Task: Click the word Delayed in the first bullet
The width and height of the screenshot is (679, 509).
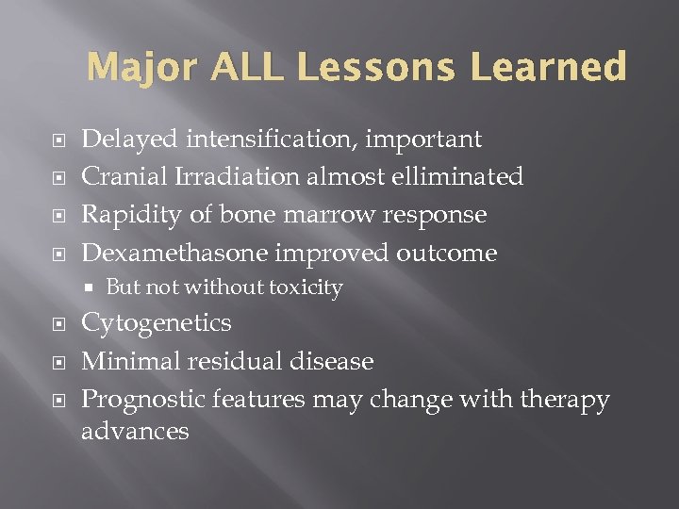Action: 128,140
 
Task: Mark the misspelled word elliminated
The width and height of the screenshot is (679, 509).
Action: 459,177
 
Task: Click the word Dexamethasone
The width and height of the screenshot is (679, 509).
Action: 174,253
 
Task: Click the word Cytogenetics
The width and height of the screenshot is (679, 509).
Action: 156,323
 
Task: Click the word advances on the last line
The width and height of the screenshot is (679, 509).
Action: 135,432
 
